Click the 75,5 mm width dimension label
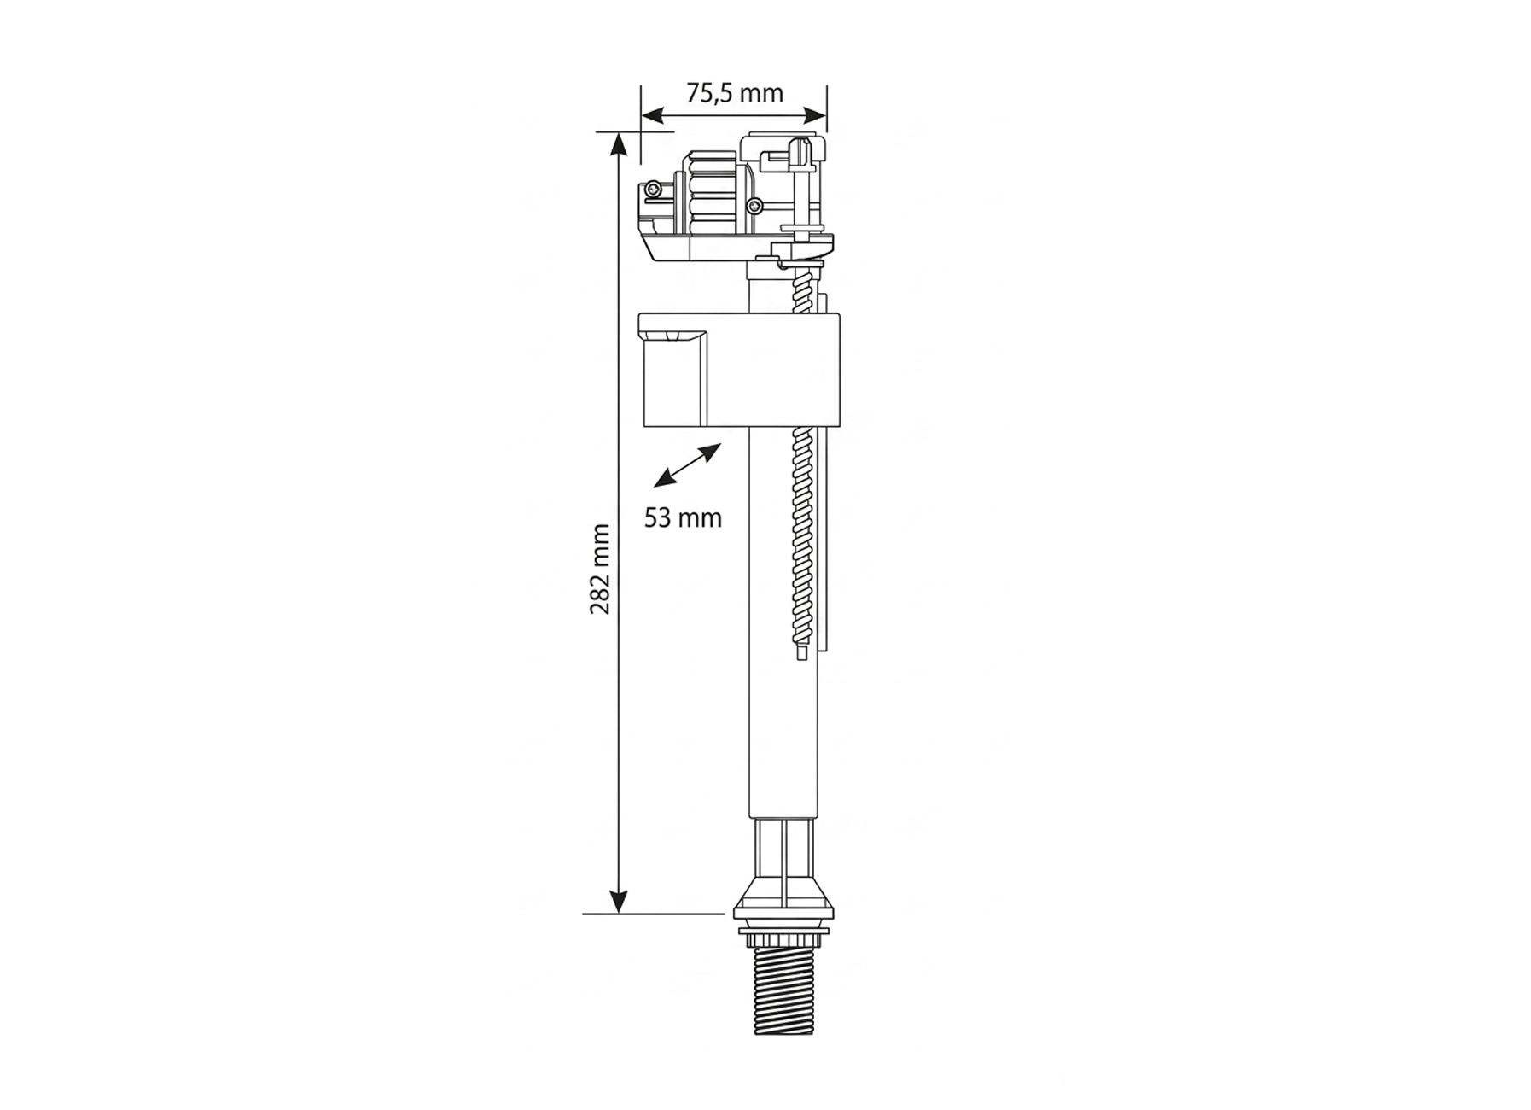pyautogui.click(x=734, y=92)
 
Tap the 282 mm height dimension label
pyautogui.click(x=600, y=569)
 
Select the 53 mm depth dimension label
pyautogui.click(x=683, y=518)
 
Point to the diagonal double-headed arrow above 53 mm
pyautogui.click(x=687, y=465)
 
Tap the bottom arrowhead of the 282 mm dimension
pyautogui.click(x=617, y=902)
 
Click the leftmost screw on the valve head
pyautogui.click(x=652, y=189)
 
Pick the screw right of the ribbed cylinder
pyautogui.click(x=754, y=205)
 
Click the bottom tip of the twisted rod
pyautogui.click(x=801, y=652)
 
